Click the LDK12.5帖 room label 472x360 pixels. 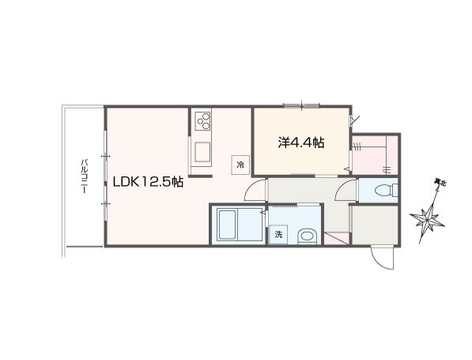tap(148, 182)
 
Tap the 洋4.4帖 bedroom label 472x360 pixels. tap(300, 142)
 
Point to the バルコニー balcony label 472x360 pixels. tap(85, 176)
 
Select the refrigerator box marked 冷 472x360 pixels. tap(240, 165)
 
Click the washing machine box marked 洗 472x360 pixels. tap(278, 234)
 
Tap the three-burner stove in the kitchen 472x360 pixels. tap(202, 120)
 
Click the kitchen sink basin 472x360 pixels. tap(202, 152)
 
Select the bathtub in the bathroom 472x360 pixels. tap(226, 225)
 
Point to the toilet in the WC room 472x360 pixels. tap(386, 190)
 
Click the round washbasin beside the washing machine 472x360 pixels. tap(307, 236)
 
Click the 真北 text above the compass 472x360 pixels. tap(440, 182)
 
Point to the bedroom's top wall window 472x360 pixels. tap(301, 105)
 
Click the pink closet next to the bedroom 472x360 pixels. tap(375, 155)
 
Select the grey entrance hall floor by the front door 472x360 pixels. tap(375, 225)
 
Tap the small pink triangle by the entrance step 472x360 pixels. tap(336, 239)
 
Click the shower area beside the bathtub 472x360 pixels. tap(251, 225)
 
